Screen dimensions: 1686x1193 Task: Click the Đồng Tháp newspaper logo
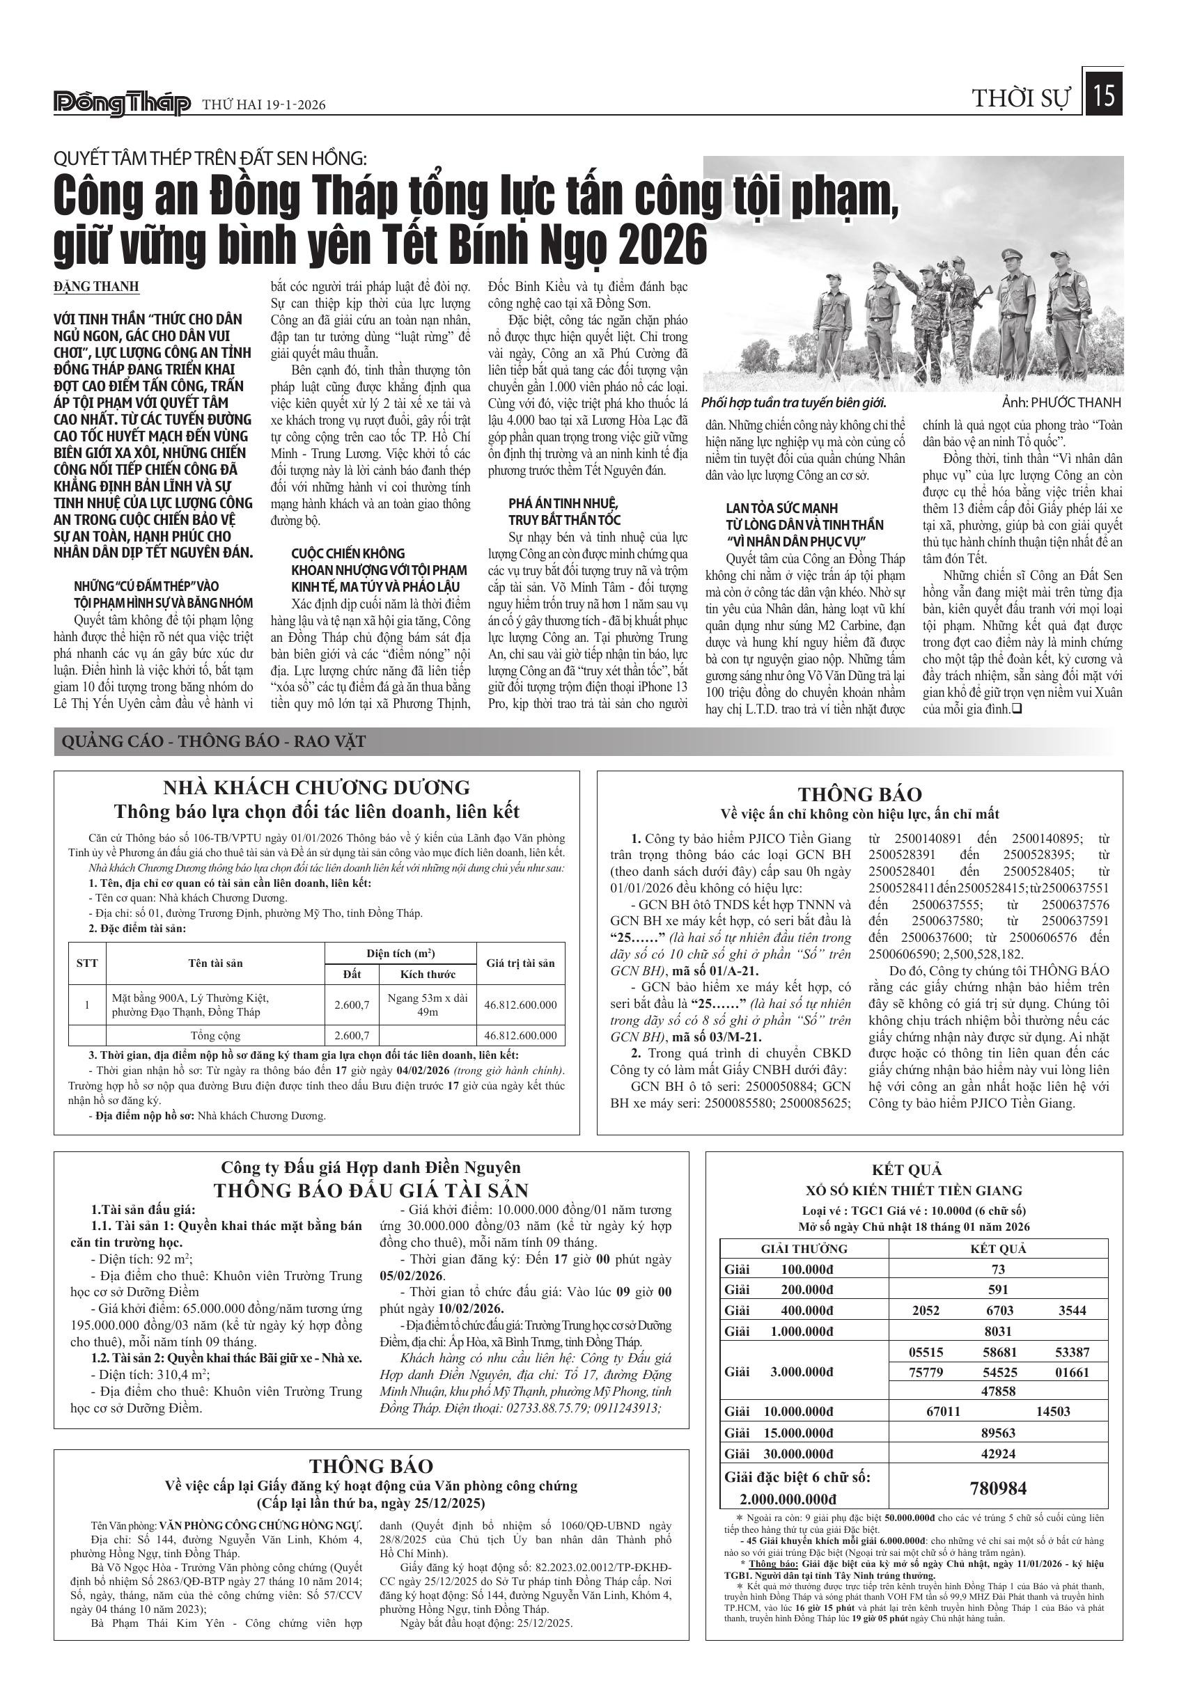coord(122,104)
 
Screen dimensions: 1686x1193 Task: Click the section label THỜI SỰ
coord(1021,98)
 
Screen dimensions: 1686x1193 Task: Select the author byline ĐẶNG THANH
coord(96,286)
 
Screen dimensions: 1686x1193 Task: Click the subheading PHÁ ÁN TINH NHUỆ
coord(563,504)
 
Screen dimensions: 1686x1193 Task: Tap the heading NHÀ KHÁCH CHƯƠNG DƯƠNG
coord(316,787)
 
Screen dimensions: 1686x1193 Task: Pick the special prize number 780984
coord(997,1488)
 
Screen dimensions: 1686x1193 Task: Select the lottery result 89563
coord(997,1432)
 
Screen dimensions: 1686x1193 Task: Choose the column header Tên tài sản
coord(215,963)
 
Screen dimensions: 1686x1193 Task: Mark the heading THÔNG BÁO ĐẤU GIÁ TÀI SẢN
coord(371,1190)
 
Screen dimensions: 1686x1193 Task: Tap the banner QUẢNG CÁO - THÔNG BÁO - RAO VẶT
coord(213,741)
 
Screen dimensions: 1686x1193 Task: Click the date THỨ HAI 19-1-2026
coord(264,105)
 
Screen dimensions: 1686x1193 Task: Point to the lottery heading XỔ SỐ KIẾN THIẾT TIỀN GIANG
coord(914,1190)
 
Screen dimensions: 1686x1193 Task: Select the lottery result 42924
coord(997,1453)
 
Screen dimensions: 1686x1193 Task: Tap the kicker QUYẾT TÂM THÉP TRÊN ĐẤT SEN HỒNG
coord(210,159)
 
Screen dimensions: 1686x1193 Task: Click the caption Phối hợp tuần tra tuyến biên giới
coord(793,402)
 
